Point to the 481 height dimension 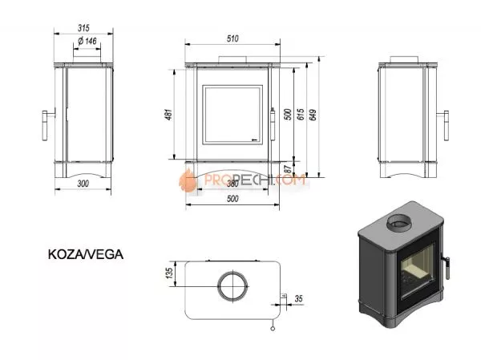[168, 115]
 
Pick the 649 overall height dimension [313, 116]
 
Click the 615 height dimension [301, 116]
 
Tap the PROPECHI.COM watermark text [255, 183]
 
